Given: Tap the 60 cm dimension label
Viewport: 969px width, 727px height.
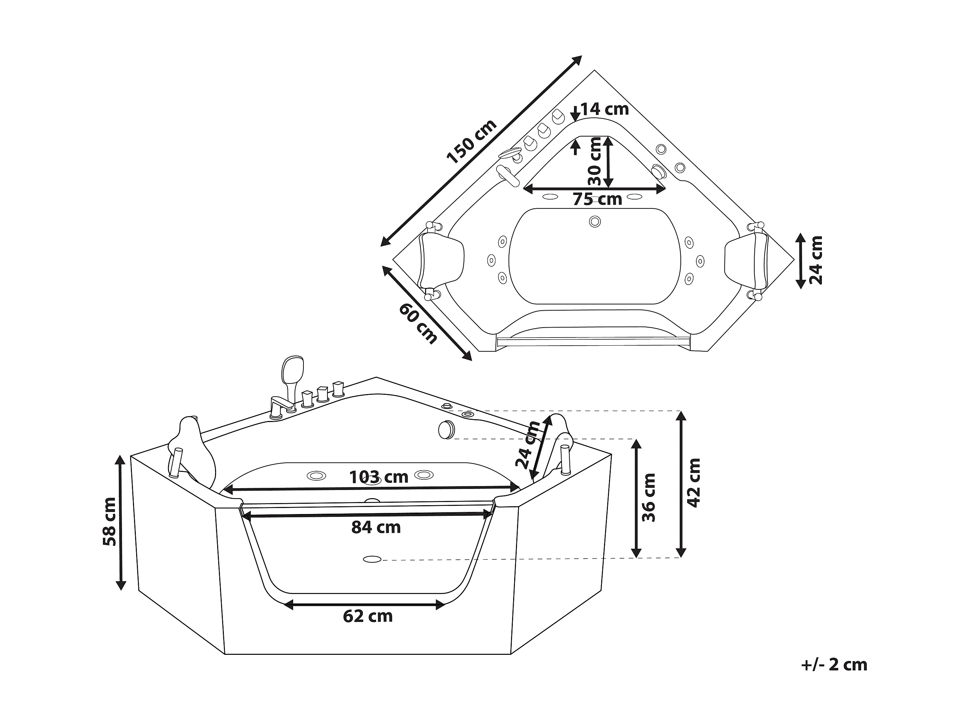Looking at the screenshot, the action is (417, 323).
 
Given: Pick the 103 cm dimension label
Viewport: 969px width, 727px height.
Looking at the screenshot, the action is (378, 477).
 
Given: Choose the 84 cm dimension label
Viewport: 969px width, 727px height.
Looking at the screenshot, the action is (376, 527).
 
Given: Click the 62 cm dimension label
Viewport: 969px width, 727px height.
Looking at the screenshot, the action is (367, 617).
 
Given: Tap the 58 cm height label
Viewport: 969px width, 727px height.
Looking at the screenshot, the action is (110, 522).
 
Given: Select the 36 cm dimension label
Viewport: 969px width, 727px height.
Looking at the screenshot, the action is (649, 498).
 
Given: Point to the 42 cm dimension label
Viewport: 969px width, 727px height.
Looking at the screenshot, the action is (694, 483).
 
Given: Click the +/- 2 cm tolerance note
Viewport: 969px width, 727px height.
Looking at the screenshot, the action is (834, 665).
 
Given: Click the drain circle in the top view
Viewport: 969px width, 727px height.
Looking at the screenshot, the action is (594, 221).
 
